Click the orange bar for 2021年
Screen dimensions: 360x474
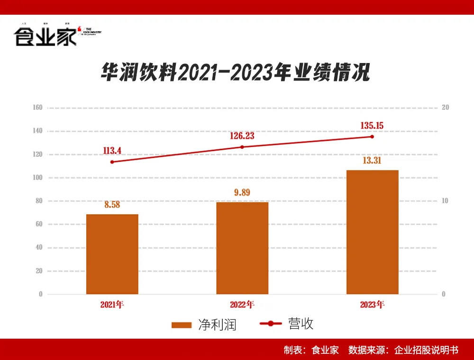[x=112, y=254]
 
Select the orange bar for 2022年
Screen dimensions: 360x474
[x=242, y=248]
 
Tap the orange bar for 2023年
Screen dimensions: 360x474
[x=372, y=232]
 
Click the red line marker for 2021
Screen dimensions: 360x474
[x=112, y=162]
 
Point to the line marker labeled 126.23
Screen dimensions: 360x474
[x=242, y=147]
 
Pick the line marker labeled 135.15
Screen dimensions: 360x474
[x=372, y=136]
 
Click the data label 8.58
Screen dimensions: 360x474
[x=112, y=205]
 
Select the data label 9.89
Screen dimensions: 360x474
[x=242, y=193]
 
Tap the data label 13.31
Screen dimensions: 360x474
[x=372, y=161]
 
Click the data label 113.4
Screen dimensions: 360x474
[x=112, y=151]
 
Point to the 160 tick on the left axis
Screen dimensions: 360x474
[x=37, y=108]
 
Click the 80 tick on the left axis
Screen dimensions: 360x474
[x=39, y=201]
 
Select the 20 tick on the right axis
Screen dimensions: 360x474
[x=445, y=108]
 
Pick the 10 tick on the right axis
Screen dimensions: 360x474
[x=445, y=201]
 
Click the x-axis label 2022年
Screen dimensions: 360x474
[x=242, y=304]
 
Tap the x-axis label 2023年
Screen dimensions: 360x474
[x=372, y=304]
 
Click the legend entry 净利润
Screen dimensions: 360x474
[x=204, y=325]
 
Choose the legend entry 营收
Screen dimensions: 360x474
[x=287, y=324]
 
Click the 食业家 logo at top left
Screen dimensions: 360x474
[x=46, y=36]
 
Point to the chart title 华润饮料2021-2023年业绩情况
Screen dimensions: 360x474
[x=235, y=73]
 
